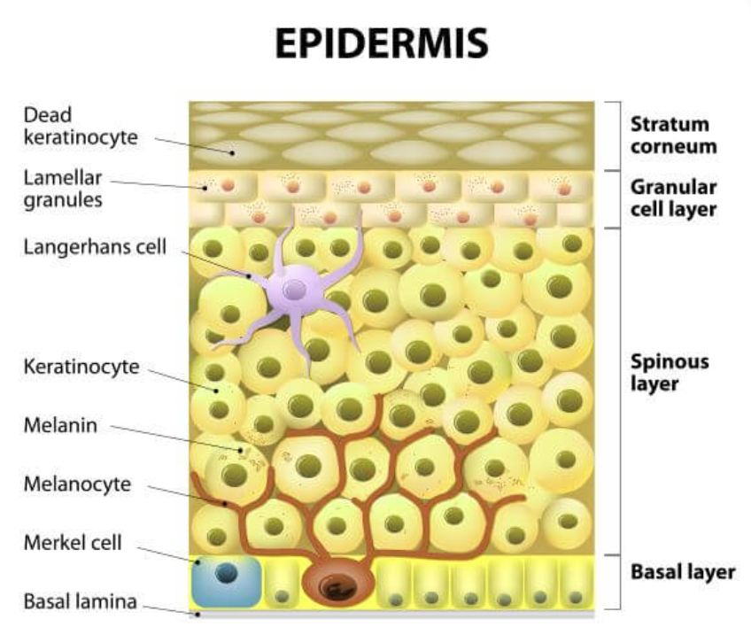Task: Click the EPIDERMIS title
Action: click(x=382, y=43)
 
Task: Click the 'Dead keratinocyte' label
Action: click(x=81, y=126)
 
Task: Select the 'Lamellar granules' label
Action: click(x=63, y=190)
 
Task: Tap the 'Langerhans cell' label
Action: click(x=95, y=247)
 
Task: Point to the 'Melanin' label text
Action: click(x=60, y=425)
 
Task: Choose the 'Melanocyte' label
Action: click(x=77, y=484)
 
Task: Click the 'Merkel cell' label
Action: click(x=73, y=543)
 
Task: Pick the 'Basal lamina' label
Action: click(x=80, y=601)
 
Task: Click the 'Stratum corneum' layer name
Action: click(x=673, y=136)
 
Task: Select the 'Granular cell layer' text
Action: click(x=673, y=198)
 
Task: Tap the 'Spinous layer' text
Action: click(x=670, y=373)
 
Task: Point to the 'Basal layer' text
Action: click(x=683, y=572)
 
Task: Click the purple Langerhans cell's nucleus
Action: click(x=294, y=290)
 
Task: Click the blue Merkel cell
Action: click(x=226, y=581)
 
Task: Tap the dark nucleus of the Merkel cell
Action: click(x=227, y=573)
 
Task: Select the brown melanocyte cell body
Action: click(x=337, y=582)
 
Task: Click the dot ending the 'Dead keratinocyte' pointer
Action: click(x=232, y=153)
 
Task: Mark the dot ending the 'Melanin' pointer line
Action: click(x=241, y=450)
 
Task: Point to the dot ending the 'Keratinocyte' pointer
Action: click(x=216, y=391)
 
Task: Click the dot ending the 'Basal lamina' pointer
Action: click(x=197, y=615)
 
